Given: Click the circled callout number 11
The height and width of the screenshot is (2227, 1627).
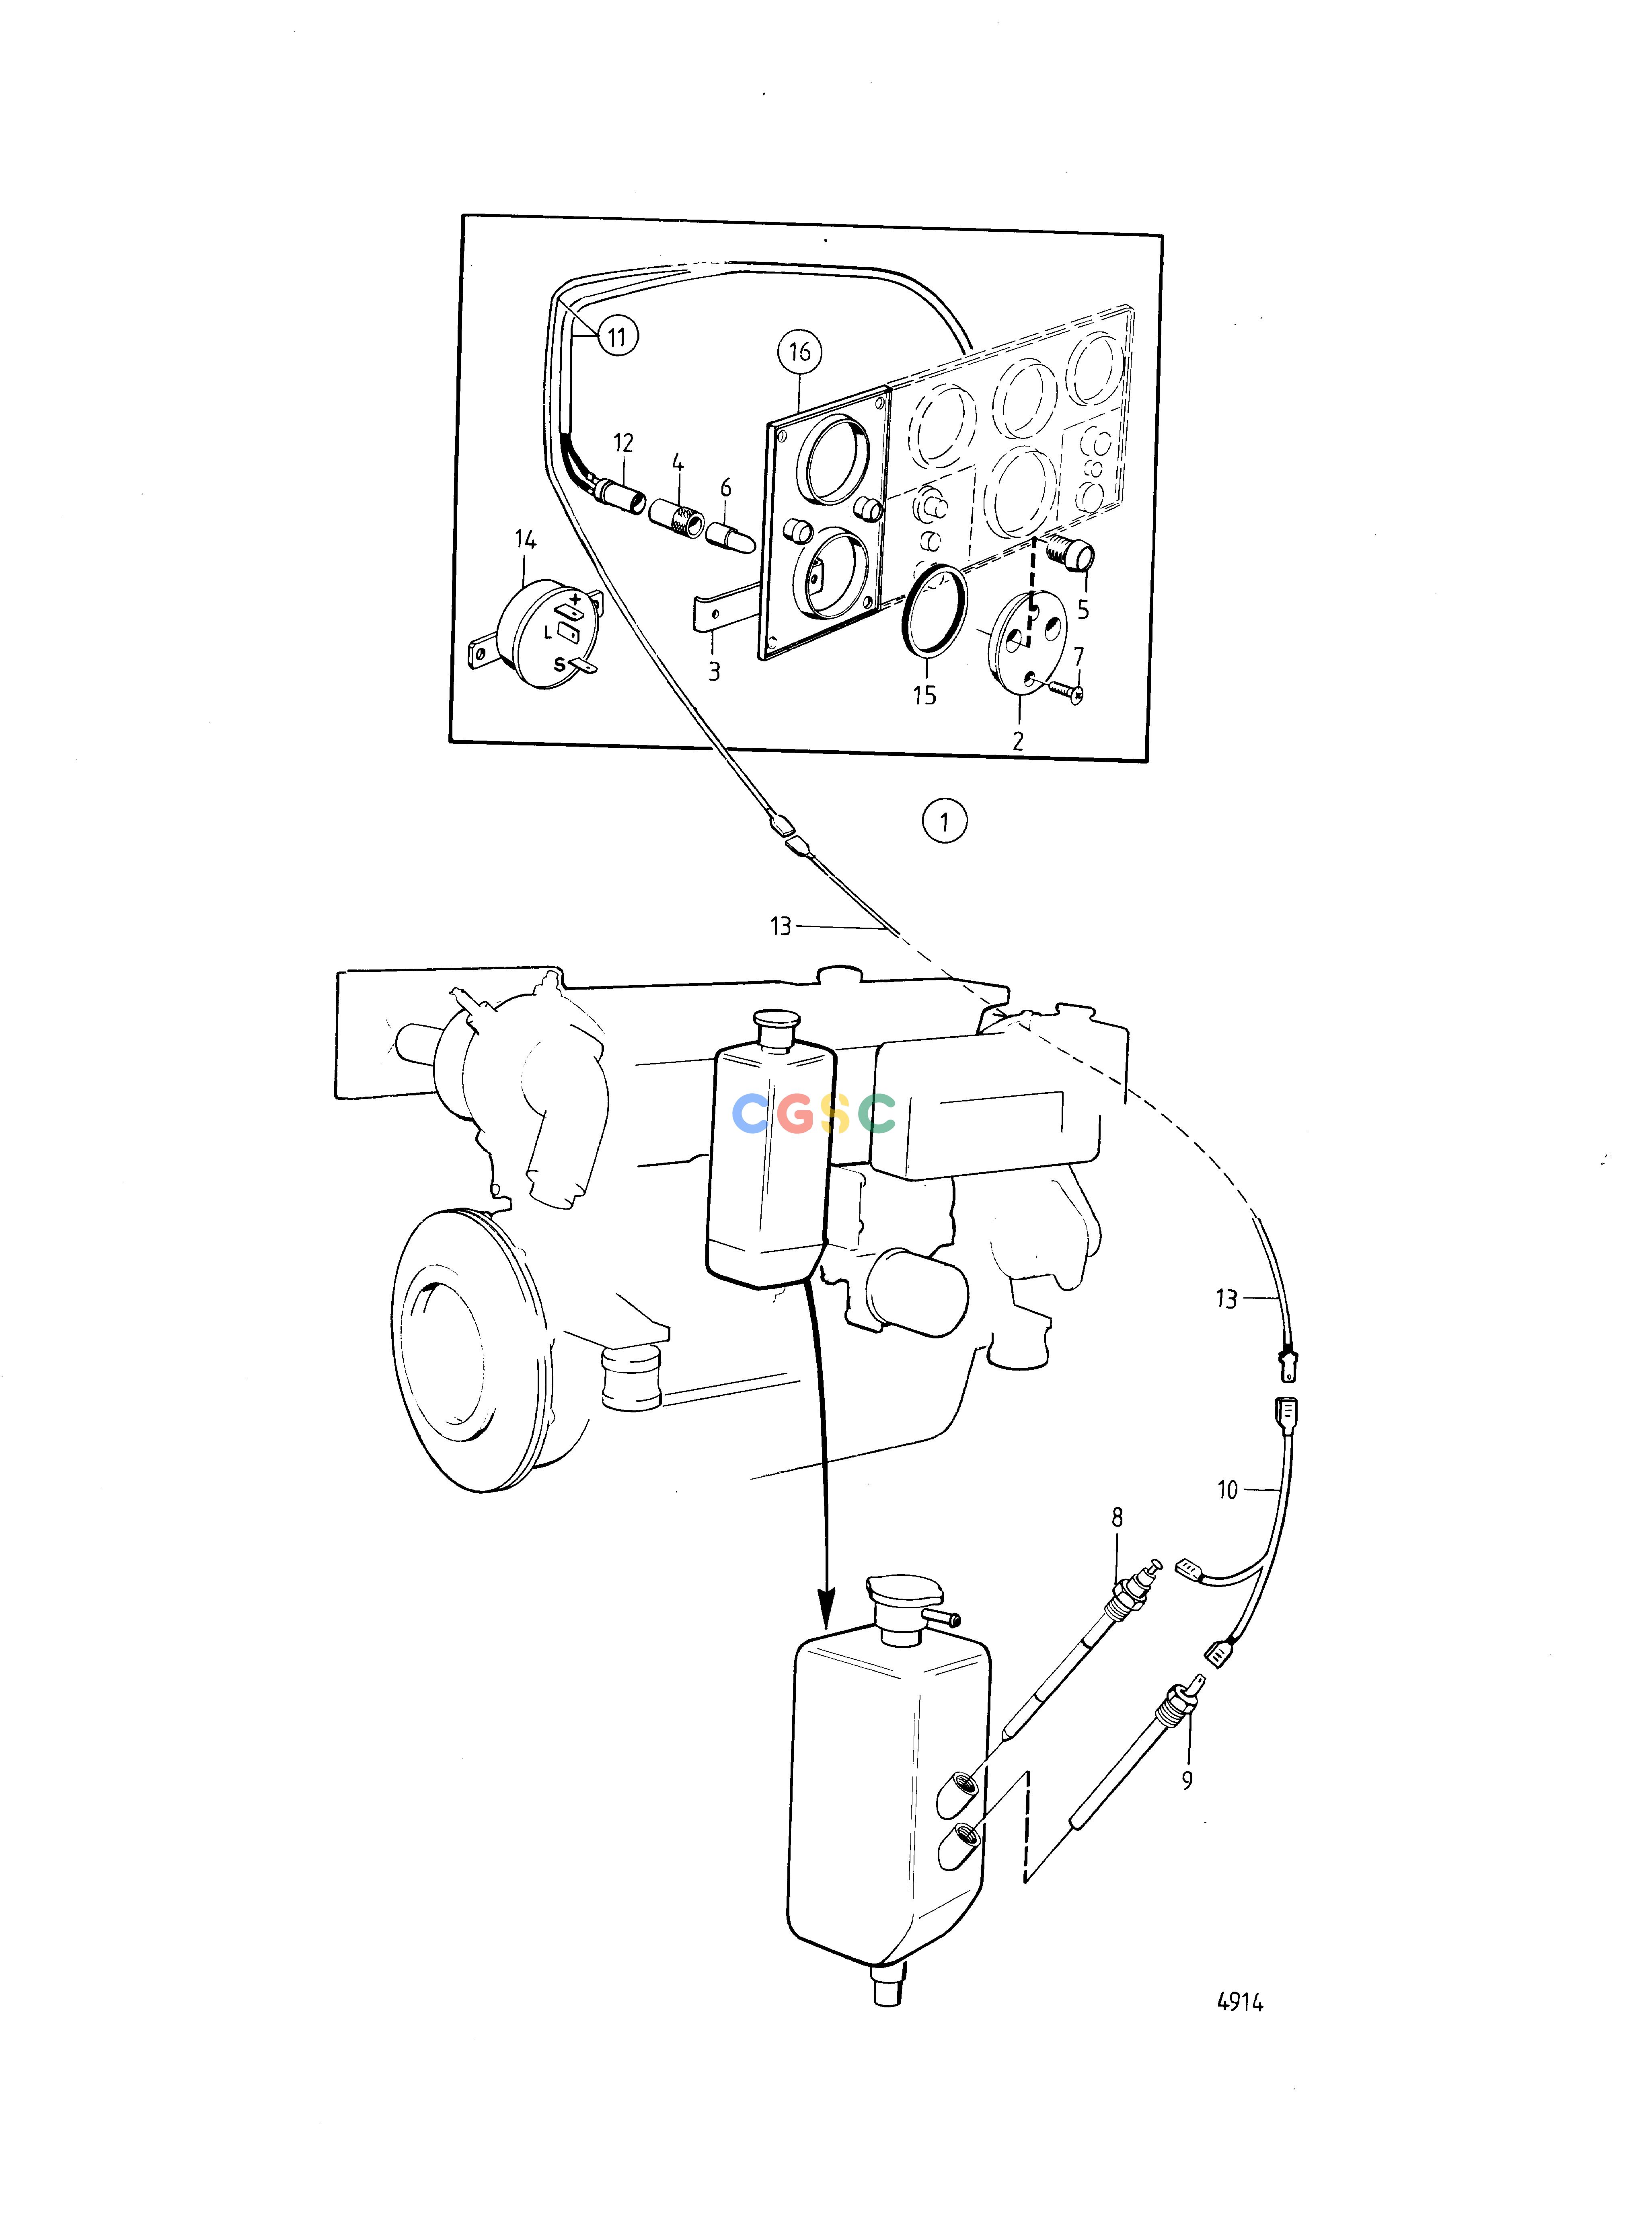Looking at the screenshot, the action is (616, 337).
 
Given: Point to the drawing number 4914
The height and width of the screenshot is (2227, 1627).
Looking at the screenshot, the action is (1240, 2003).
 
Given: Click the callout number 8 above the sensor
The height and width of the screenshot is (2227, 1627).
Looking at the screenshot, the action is (1117, 1518).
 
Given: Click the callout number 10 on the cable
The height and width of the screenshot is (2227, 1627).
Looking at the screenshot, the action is (1227, 1490).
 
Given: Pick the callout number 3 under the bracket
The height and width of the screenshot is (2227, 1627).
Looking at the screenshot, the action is (714, 672).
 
